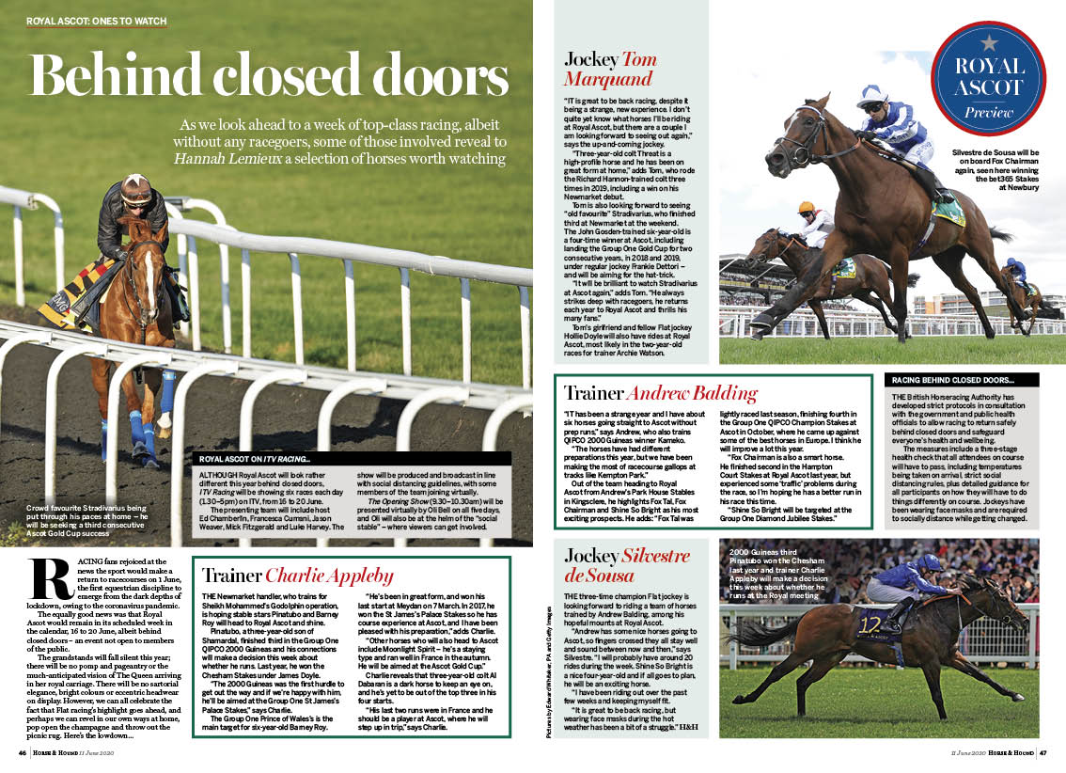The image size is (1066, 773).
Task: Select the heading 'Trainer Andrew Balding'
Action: pyautogui.click(x=660, y=393)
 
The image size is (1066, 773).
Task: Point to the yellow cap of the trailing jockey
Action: pyautogui.click(x=806, y=207)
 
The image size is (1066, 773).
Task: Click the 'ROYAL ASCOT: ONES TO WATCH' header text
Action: pyautogui.click(x=96, y=21)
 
